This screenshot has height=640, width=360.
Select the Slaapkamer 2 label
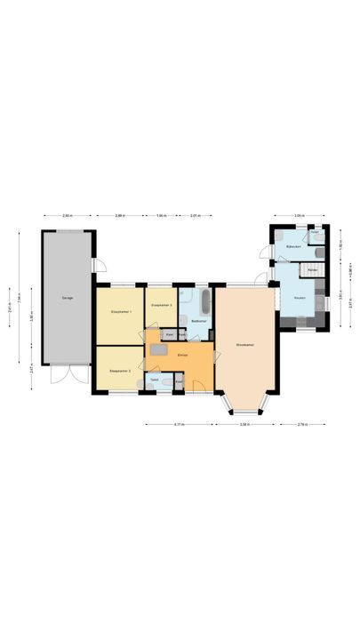tap(120, 371)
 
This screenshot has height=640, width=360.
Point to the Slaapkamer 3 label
tap(161, 304)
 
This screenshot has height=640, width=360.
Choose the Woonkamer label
tap(246, 344)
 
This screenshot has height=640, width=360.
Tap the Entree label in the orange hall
tap(182, 355)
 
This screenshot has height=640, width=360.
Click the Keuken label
tap(300, 298)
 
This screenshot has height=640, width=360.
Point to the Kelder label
tap(313, 268)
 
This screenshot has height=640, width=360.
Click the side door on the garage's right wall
tap(100, 264)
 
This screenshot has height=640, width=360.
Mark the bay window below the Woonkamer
tap(245, 407)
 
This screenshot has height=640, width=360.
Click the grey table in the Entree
tap(158, 350)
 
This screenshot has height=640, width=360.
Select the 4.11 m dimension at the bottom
tap(179, 424)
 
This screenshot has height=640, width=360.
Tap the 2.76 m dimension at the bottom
tap(302, 424)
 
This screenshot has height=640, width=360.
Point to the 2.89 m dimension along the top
tap(120, 215)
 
